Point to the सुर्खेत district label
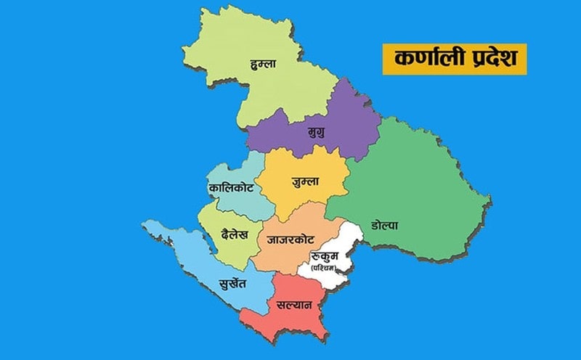point(237,283)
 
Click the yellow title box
point(454,58)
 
